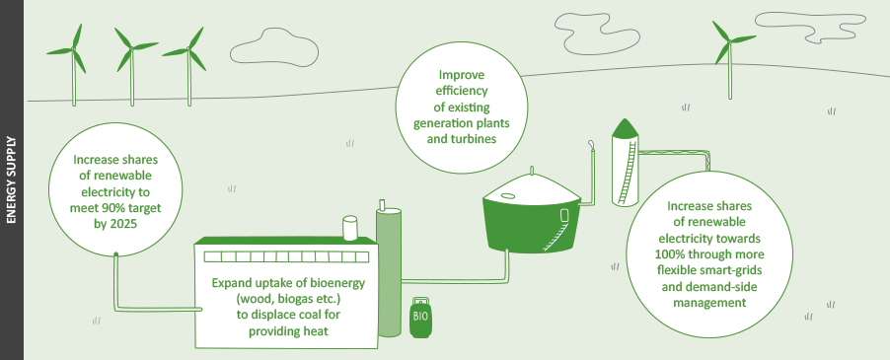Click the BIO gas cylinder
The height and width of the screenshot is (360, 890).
click(x=420, y=317)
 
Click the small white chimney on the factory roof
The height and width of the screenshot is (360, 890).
click(x=348, y=228)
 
